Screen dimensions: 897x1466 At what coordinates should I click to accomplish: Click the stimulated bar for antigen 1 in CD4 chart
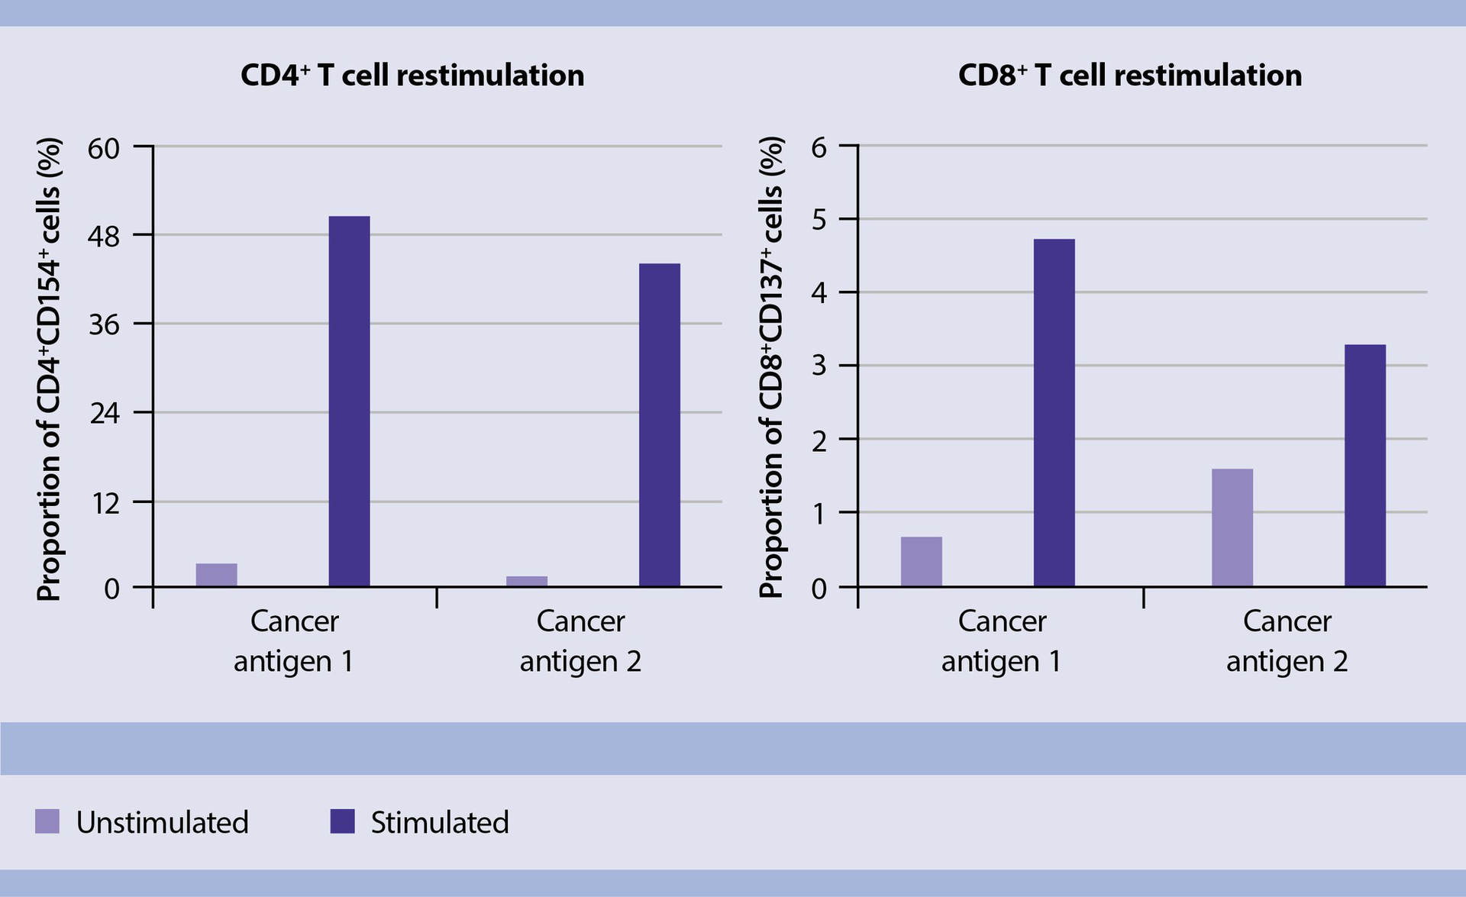[349, 401]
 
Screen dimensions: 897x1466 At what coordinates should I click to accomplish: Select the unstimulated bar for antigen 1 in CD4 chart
[216, 575]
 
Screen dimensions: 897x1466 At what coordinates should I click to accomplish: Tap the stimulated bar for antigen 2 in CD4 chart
[659, 424]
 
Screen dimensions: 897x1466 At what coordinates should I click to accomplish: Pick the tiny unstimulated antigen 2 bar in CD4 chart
[526, 581]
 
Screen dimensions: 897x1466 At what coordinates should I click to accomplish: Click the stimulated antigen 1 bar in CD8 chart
[1054, 412]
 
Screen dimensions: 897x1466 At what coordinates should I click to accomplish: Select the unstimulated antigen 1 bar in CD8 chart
[921, 561]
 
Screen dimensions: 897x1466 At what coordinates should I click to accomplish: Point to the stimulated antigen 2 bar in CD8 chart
[1364, 465]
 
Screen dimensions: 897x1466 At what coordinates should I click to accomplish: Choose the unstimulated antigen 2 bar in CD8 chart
[1232, 528]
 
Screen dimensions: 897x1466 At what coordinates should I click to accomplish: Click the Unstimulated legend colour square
[47, 821]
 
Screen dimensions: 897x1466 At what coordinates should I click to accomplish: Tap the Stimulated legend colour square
[342, 821]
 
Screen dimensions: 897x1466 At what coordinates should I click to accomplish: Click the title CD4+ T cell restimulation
[412, 76]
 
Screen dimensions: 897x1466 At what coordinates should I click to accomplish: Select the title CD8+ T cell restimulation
[1129, 76]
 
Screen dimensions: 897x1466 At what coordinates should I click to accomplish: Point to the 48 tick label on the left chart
[105, 237]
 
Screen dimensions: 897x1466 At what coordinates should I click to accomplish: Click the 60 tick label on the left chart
[105, 148]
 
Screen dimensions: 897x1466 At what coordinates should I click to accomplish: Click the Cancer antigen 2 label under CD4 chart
[580, 640]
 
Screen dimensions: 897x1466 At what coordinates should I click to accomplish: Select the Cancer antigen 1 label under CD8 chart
[1001, 640]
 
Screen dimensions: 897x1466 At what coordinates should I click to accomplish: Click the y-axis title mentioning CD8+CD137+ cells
[772, 367]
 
